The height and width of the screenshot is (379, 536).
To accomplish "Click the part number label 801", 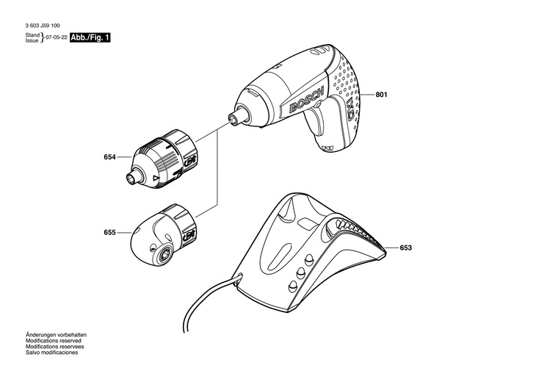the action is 381,95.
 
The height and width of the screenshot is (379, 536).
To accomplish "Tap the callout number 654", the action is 110,156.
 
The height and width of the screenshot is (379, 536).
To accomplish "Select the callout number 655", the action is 110,233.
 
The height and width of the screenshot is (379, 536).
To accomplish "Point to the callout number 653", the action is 406,248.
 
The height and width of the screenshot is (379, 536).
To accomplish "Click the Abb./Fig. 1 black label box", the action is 90,37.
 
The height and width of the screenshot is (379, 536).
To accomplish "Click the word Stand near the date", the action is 32,35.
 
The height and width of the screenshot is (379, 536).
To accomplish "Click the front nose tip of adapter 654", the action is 134,177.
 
